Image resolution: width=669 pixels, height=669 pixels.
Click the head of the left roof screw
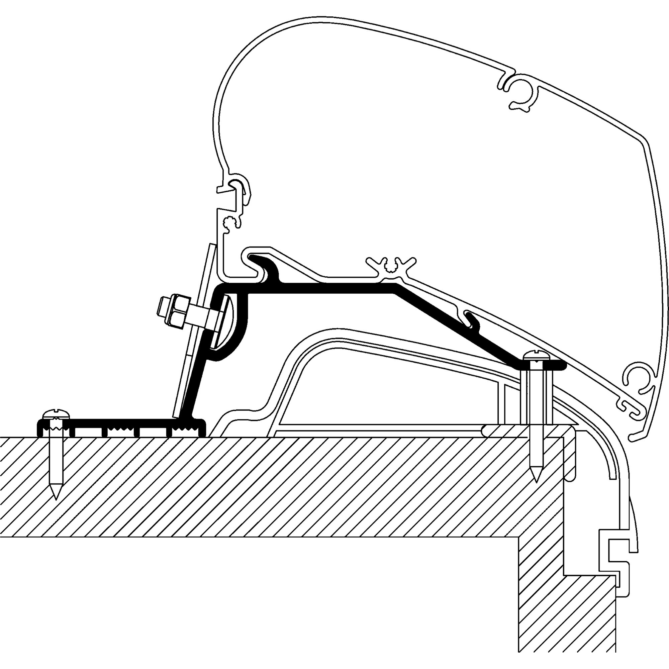(56, 414)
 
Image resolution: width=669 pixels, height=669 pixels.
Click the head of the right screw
(535, 355)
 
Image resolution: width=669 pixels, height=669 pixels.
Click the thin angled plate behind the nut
(196, 332)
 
